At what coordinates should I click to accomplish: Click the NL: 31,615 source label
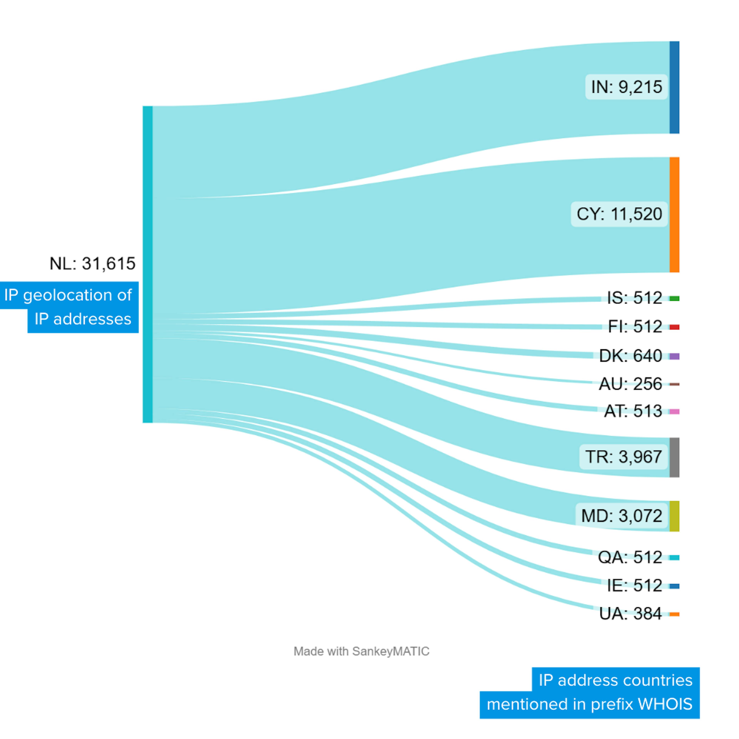(92, 263)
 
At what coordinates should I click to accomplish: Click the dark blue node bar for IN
(674, 87)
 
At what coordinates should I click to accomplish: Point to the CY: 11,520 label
(619, 214)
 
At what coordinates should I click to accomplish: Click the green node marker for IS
(674, 298)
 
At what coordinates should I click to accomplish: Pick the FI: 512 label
(635, 327)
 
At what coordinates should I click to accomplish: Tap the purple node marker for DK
(674, 356)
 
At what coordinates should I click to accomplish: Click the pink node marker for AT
(674, 412)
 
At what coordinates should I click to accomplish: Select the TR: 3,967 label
(624, 457)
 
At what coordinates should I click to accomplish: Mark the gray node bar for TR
(674, 457)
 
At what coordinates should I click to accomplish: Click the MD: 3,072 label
(622, 516)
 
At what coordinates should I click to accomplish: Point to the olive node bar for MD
(674, 516)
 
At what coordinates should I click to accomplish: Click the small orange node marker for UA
(674, 614)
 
